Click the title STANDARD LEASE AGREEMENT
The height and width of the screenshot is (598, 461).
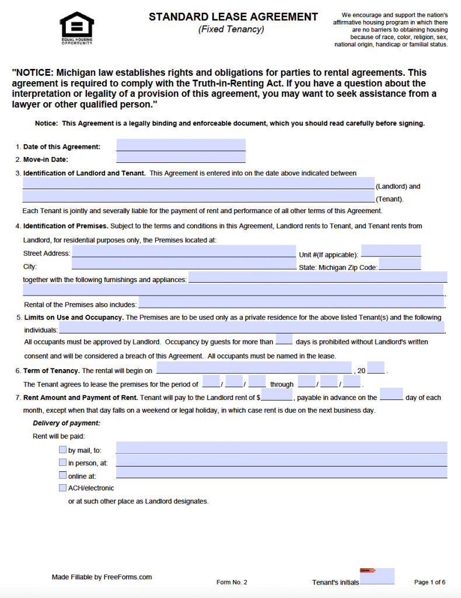point(233,17)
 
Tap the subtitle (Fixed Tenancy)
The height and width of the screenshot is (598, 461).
point(231,29)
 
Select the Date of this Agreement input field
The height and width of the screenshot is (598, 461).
point(181,145)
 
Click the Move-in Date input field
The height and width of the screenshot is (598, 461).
point(181,158)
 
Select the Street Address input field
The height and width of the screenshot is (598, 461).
point(184,252)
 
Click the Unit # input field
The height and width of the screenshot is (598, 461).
point(391,251)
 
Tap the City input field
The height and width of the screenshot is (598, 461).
point(184,265)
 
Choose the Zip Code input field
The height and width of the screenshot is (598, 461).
point(400,265)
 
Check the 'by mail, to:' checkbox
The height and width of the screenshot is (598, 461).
point(62,450)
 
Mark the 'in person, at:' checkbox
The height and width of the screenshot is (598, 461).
point(62,463)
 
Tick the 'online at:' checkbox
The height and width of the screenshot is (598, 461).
point(62,475)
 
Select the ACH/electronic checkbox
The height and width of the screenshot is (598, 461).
point(62,488)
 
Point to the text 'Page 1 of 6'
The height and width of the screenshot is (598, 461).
point(429,582)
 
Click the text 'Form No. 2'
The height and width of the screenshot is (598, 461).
point(232,582)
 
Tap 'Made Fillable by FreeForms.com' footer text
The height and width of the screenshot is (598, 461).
point(102,577)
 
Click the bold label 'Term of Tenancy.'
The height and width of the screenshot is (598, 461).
point(51,371)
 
